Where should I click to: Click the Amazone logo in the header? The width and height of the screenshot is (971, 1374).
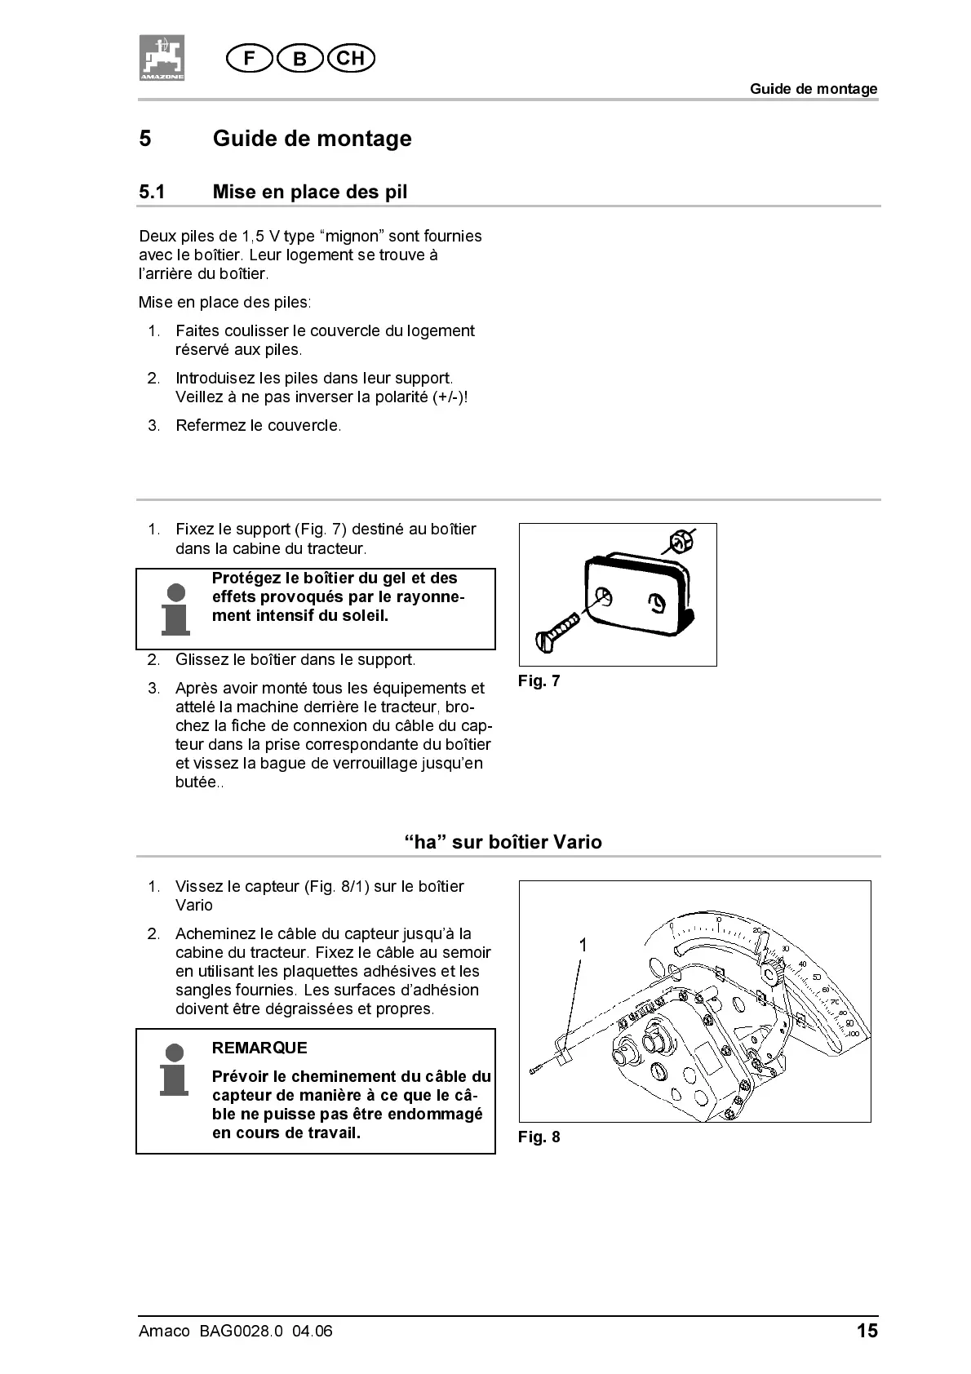click(161, 57)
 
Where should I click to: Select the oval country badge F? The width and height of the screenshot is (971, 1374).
click(250, 59)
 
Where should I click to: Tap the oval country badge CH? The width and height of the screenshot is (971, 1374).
click(350, 59)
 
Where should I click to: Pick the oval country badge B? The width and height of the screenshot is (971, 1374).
click(300, 59)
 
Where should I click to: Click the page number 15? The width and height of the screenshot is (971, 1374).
click(867, 1331)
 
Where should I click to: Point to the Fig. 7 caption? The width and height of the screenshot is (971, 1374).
click(539, 681)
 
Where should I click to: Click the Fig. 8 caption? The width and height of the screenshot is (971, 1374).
click(539, 1137)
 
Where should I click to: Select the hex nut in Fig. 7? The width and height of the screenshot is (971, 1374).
click(680, 541)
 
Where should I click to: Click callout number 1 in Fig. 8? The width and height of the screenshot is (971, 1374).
click(583, 945)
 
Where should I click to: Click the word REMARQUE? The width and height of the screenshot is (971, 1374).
click(259, 1048)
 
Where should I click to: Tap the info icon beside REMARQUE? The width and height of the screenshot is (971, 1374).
click(174, 1068)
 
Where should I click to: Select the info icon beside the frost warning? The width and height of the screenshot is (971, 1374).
click(175, 609)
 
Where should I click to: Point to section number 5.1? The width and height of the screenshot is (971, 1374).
click(152, 192)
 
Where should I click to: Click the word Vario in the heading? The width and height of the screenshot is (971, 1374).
click(578, 842)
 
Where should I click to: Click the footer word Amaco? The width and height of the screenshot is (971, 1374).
click(163, 1332)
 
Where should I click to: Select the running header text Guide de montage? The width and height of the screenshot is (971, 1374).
click(814, 89)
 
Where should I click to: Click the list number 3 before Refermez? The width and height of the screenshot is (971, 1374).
click(153, 425)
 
